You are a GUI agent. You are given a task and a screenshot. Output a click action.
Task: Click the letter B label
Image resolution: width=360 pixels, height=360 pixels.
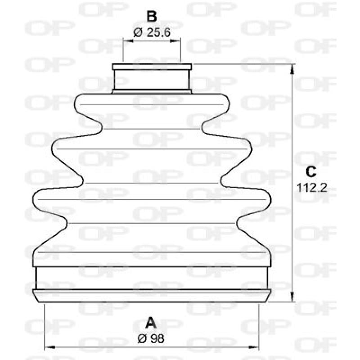[x=152, y=17]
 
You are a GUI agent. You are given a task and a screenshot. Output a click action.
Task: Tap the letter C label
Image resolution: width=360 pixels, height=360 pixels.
[x=311, y=171]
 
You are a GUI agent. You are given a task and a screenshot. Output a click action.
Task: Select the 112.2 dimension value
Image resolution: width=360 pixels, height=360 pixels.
[x=311, y=187]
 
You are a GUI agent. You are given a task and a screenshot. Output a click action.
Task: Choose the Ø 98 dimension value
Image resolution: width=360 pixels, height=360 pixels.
[x=152, y=338]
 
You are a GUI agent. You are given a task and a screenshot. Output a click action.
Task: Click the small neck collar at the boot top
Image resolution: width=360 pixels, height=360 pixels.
[x=152, y=79]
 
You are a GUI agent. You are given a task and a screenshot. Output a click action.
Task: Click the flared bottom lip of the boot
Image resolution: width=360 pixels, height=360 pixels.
[x=152, y=295]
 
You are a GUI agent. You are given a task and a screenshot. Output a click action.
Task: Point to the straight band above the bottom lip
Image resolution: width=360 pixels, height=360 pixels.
[x=152, y=277]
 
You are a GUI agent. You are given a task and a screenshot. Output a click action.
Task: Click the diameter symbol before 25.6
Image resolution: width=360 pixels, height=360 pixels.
[x=138, y=32]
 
